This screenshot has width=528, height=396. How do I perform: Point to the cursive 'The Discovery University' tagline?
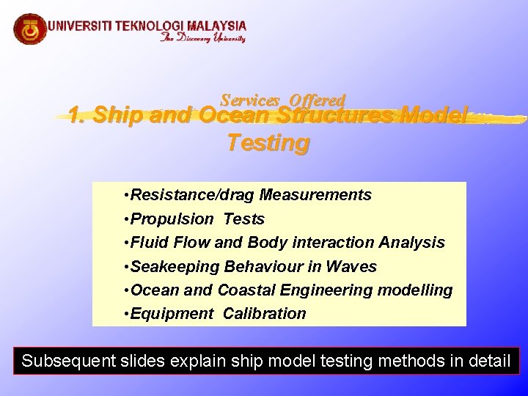pos(203,37)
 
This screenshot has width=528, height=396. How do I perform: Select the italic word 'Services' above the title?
pos(250,100)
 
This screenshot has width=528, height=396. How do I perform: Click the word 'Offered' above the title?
pos(317,100)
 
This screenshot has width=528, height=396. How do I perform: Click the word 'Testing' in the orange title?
pos(268,142)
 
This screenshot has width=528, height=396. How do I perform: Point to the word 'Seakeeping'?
pos(177,266)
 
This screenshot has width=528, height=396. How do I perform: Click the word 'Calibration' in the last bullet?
pos(264,313)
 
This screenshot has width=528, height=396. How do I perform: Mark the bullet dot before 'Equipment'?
pos(127,314)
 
